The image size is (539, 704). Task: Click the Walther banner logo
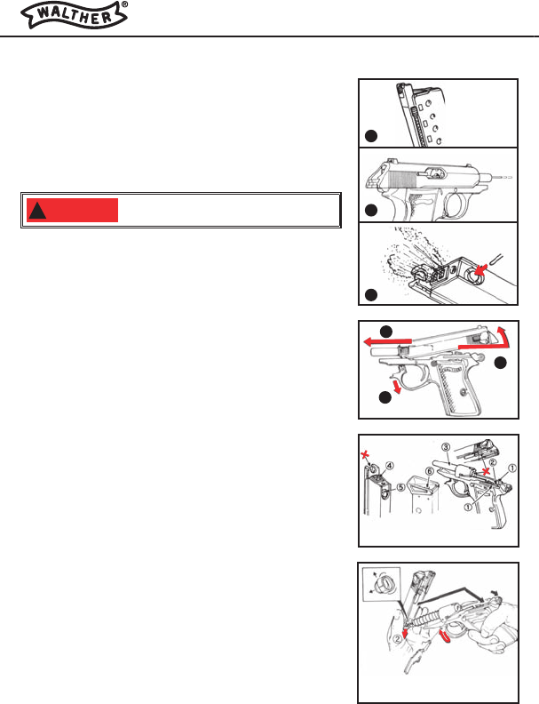point(74,16)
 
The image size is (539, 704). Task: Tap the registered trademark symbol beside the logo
point(124,4)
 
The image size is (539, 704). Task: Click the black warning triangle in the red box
point(37,211)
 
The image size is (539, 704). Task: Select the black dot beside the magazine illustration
point(371,136)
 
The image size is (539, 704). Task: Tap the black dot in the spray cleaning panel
point(371,295)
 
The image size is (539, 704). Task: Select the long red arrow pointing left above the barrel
point(387,342)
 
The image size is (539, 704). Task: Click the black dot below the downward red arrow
point(385,398)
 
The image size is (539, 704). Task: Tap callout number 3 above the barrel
point(445,447)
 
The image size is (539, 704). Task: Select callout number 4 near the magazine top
point(390,466)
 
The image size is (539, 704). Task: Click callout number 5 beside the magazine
point(400,487)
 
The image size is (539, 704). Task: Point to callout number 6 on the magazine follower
point(429,472)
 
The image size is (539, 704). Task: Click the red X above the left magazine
point(367,456)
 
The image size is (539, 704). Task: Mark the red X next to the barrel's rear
point(485,471)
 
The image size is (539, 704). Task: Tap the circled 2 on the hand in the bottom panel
point(397,639)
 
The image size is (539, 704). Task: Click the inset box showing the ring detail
point(381,585)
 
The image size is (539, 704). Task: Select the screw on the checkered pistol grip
point(463,392)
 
